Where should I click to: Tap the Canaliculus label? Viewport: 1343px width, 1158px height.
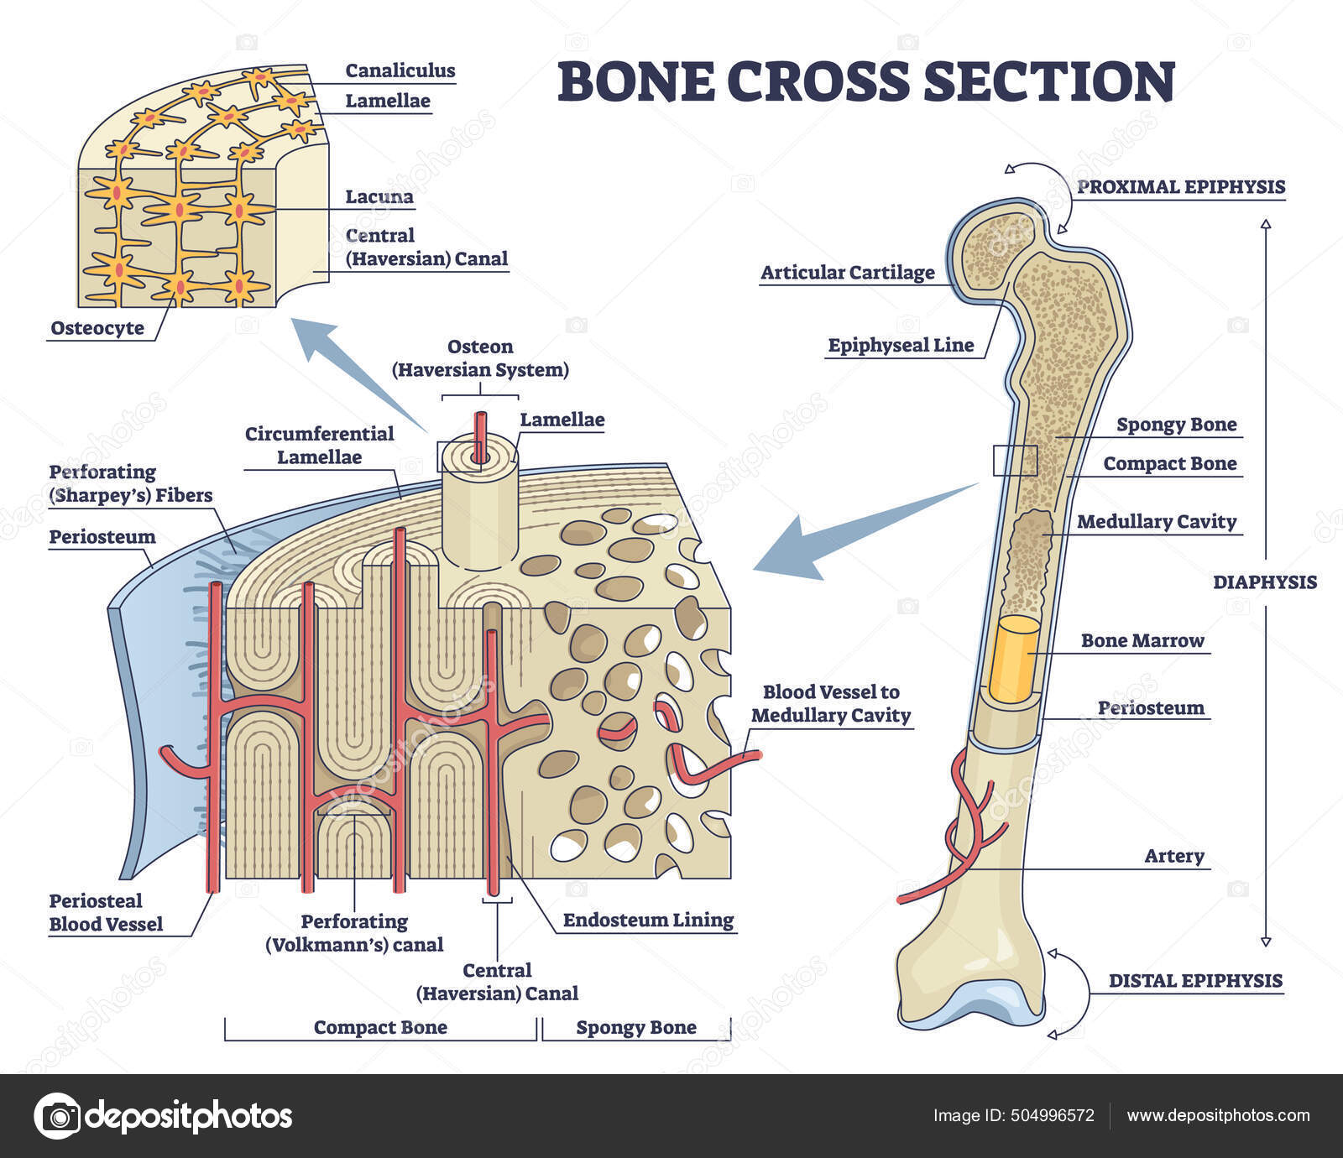(x=400, y=70)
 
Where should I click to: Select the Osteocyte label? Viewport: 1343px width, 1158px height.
(x=97, y=328)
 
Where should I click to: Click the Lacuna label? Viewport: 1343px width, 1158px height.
(x=379, y=197)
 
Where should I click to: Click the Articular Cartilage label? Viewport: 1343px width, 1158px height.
(x=847, y=273)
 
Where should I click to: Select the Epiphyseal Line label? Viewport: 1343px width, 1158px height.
(x=901, y=345)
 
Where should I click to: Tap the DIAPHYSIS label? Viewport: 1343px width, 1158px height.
(x=1264, y=582)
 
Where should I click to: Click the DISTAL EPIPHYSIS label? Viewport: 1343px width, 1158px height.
(x=1195, y=980)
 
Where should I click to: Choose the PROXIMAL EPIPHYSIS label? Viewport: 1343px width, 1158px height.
(x=1181, y=186)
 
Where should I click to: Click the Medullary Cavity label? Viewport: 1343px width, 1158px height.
(x=1157, y=522)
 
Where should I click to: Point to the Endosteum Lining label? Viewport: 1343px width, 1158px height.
(x=648, y=920)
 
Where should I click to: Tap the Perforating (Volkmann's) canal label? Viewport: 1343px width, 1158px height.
(x=354, y=933)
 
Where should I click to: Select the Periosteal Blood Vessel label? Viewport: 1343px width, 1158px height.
(x=106, y=912)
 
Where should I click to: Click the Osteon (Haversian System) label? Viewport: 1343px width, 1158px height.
(x=480, y=358)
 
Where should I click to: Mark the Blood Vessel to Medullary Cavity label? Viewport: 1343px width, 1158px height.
(x=830, y=703)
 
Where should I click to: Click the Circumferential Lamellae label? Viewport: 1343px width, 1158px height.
(x=319, y=446)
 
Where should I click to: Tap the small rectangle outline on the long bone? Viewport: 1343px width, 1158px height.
(x=1015, y=460)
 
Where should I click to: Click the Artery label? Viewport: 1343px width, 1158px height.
(x=1173, y=856)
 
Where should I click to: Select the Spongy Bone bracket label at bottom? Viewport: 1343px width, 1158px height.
(x=635, y=1027)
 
